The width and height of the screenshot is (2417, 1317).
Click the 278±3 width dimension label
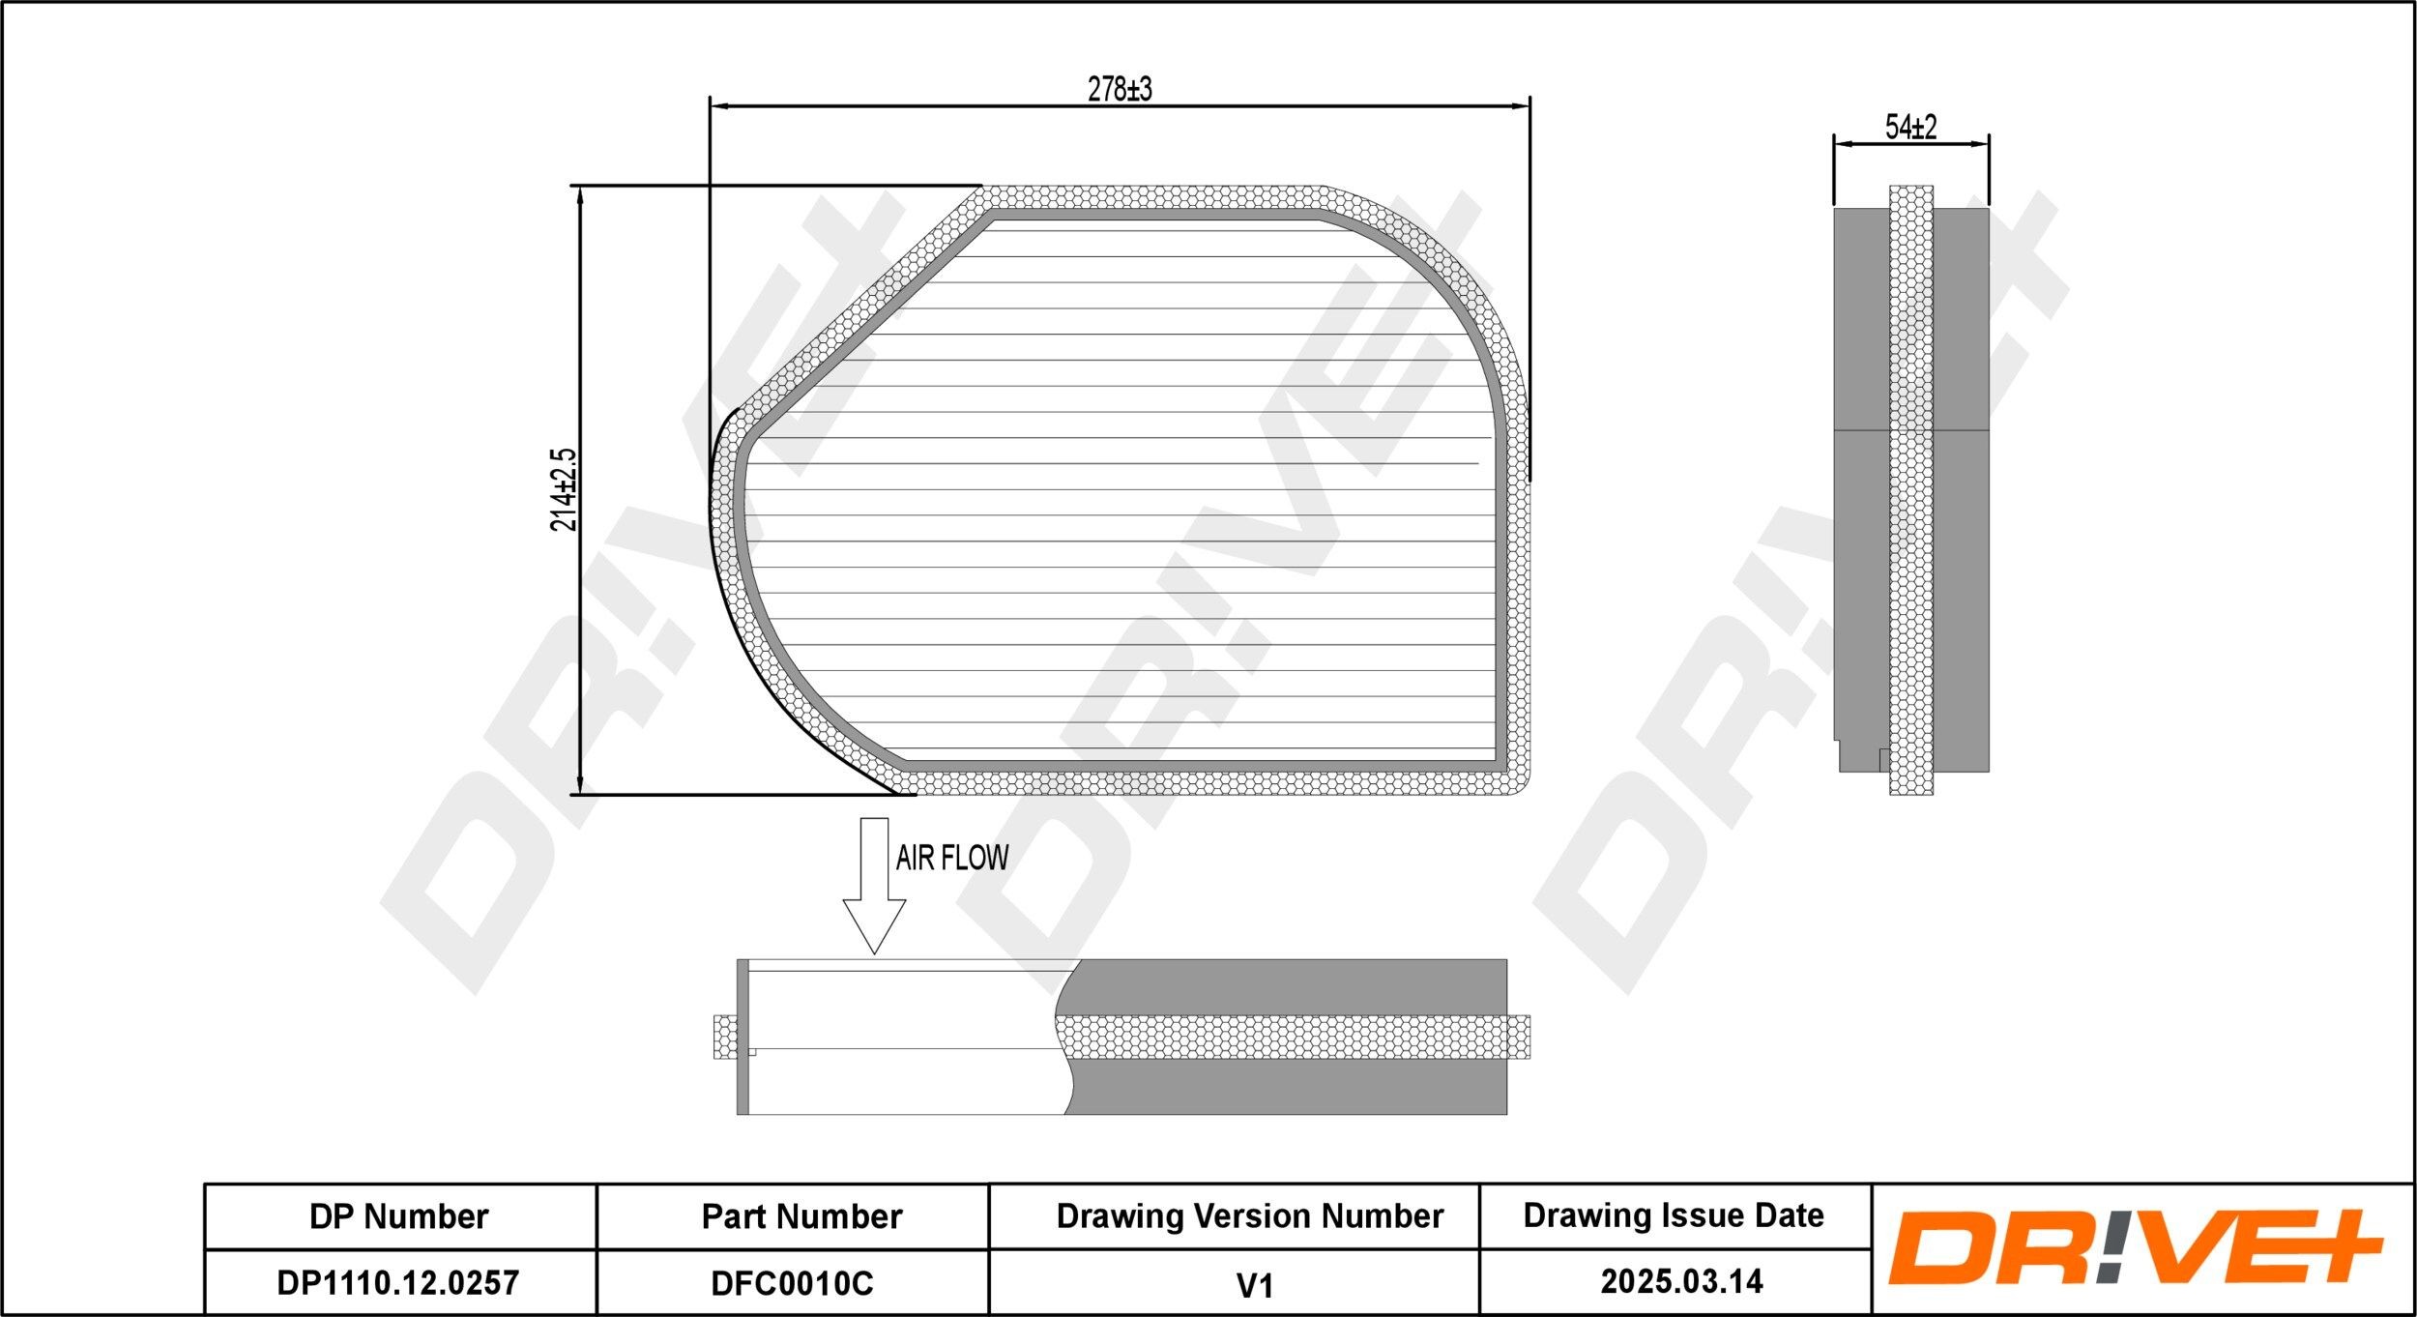coord(1120,89)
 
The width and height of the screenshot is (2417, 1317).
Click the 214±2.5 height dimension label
coord(564,489)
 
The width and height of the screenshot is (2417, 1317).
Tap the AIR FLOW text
coord(951,858)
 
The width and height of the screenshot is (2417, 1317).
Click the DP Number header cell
coord(399,1216)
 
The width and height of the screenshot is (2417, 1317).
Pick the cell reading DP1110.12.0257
coord(399,1283)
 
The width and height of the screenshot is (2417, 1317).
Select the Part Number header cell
coord(801,1216)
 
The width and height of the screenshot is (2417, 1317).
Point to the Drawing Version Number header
coord(1249,1216)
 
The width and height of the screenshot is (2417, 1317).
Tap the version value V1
coord(1254,1285)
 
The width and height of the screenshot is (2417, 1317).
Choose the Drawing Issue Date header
coord(1674,1215)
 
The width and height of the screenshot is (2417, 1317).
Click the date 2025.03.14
coord(1681,1282)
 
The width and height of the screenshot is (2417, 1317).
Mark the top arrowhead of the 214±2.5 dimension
coord(579,194)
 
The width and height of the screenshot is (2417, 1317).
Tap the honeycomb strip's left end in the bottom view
coord(723,1038)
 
